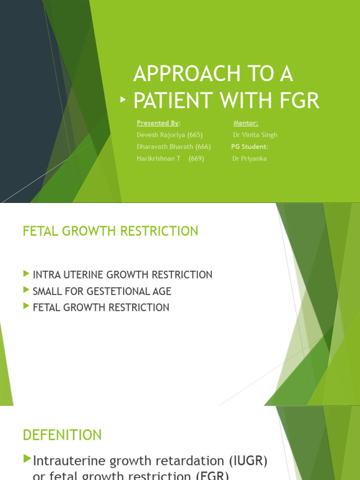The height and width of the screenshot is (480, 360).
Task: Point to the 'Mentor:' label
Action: click(246, 123)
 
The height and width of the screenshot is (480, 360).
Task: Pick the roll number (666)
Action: click(203, 147)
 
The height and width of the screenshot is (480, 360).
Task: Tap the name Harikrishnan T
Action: click(158, 158)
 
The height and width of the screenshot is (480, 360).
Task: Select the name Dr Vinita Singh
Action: click(255, 135)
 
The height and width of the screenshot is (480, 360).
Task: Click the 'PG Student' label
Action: click(249, 147)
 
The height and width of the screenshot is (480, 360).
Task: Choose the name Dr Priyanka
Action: click(249, 158)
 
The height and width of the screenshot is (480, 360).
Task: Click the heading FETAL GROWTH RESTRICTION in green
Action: click(110, 231)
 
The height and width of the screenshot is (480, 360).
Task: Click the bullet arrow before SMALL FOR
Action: click(26, 291)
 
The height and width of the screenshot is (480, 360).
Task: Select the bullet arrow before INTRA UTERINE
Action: click(26, 274)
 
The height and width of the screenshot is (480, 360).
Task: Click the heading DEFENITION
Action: click(62, 435)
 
